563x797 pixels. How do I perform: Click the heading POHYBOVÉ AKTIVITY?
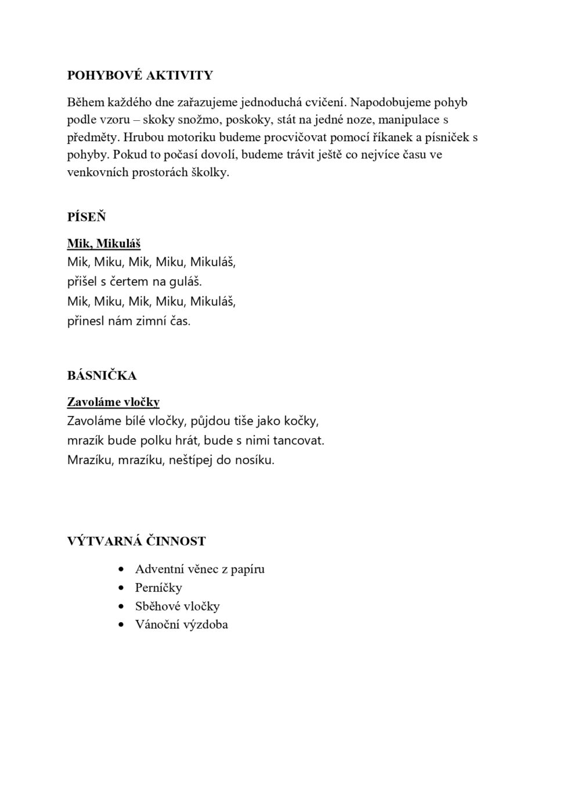(140, 76)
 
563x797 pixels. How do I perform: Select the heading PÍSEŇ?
(86, 217)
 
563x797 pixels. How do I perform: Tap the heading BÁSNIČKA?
(102, 376)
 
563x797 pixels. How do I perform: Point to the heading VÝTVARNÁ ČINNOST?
(136, 541)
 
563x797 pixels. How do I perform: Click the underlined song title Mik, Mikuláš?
(104, 244)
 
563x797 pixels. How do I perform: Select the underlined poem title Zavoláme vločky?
(113, 402)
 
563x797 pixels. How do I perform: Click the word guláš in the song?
(185, 282)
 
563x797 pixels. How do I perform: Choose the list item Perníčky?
(158, 588)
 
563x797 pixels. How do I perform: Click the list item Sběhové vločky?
(177, 606)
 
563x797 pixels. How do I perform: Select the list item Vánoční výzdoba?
(181, 625)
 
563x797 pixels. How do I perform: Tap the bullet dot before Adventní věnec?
(121, 570)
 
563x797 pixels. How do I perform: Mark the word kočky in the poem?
(301, 421)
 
